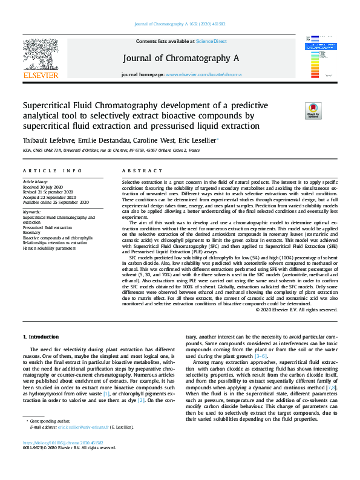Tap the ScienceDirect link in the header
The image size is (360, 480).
click(211, 41)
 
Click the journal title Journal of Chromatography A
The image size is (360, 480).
click(181, 58)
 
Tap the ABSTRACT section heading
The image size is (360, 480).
click(139, 172)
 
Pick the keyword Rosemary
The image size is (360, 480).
click(32, 232)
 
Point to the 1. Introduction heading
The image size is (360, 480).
click(41, 336)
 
